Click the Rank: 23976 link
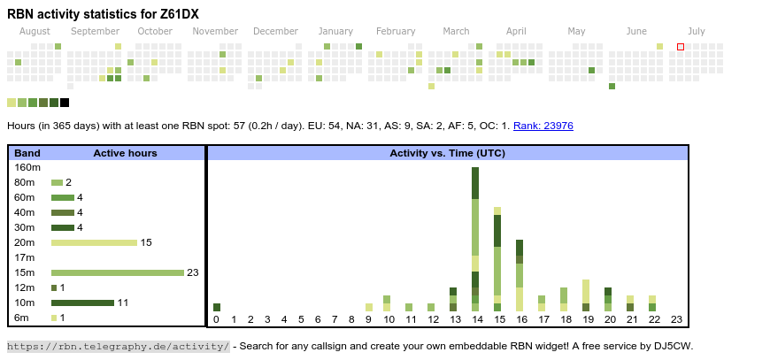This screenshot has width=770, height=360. [543, 126]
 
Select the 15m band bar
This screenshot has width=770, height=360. [117, 272]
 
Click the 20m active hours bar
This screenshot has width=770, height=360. [94, 242]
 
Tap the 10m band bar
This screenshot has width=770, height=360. [82, 303]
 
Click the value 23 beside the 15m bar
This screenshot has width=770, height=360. [192, 272]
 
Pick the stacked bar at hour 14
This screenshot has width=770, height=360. [476, 239]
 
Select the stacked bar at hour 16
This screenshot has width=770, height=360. [520, 275]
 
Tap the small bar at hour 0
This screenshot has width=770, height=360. [217, 307]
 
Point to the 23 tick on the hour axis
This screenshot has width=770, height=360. [676, 319]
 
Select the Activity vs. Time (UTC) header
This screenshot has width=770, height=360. [447, 153]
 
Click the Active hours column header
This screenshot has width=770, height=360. [125, 153]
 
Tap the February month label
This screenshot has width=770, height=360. [396, 32]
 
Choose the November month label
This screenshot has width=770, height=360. [215, 32]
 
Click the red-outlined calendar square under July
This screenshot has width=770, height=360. [681, 47]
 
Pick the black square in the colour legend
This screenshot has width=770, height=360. [65, 103]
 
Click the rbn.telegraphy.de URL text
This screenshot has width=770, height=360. [118, 346]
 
